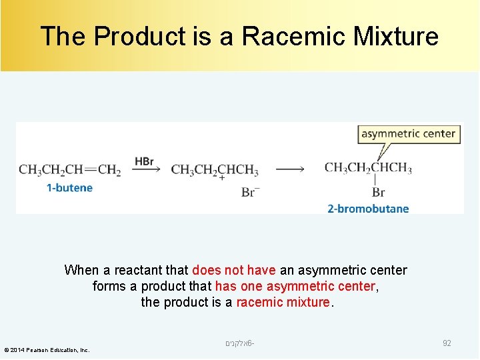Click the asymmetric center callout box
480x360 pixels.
point(408,133)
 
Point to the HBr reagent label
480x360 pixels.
point(144,161)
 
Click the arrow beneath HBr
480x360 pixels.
point(146,170)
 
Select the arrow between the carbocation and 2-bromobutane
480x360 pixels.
point(290,169)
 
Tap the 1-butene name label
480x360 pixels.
point(69,188)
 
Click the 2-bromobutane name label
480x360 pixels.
point(368,209)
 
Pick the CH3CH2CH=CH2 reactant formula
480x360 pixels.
point(70,170)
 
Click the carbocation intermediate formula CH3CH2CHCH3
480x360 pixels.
point(214,170)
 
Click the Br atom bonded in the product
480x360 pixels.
point(378,192)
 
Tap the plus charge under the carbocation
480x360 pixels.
point(221,178)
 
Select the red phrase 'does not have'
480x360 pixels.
point(233,270)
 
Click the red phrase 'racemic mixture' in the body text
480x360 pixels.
point(283,302)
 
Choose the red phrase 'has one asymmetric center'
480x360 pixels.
point(295,286)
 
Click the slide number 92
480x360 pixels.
point(447,343)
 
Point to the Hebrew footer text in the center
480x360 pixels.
point(240,343)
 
